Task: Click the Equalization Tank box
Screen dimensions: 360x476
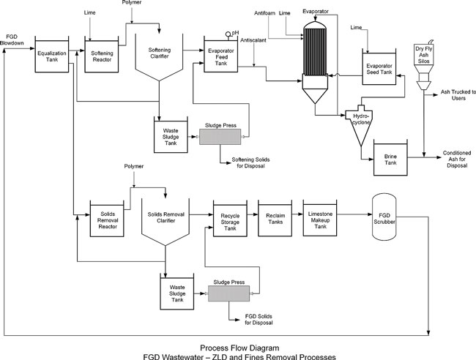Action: pos(52,56)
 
